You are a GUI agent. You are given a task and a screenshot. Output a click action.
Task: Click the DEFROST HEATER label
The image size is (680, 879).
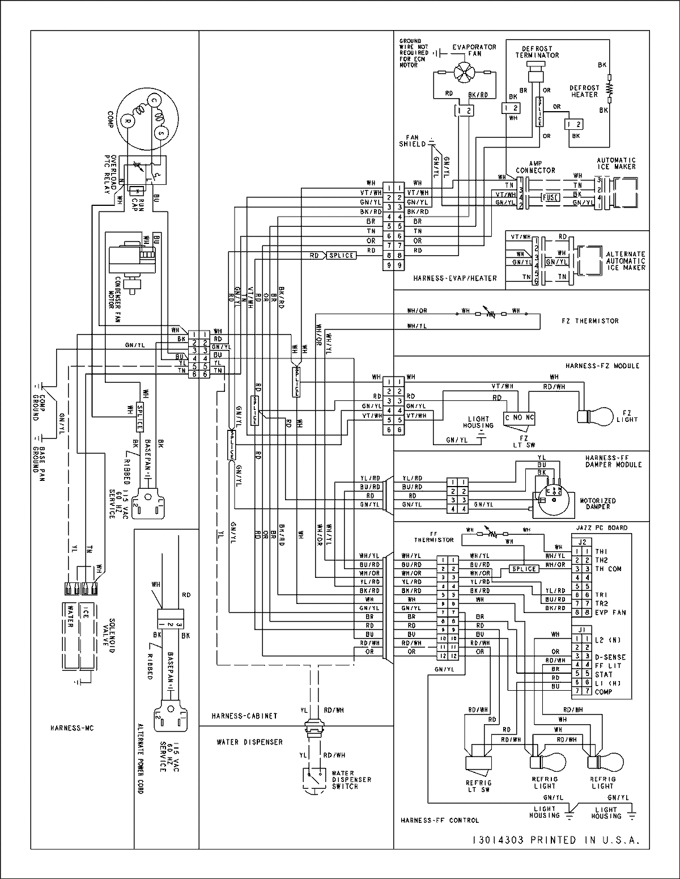584,91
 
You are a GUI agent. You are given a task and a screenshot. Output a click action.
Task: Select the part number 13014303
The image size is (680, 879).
497,840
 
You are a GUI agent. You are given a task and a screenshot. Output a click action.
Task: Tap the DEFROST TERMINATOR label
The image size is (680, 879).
537,52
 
